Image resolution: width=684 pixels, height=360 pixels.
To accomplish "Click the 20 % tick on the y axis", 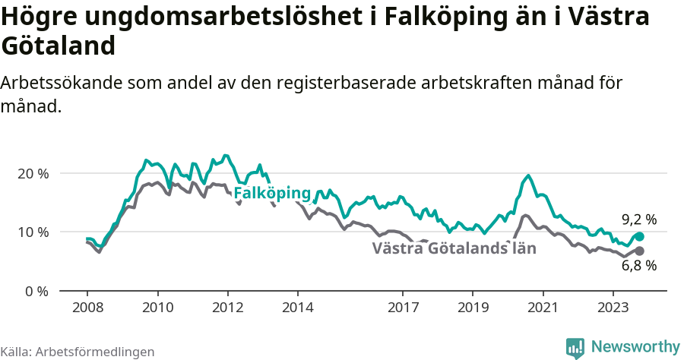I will (33, 173).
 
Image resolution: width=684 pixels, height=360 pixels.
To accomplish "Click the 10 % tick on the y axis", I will (33, 232).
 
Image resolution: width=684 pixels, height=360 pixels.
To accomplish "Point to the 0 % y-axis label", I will (36, 291).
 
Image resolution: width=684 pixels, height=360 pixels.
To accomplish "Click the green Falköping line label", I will (272, 194).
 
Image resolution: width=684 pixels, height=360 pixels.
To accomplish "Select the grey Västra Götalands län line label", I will (454, 248).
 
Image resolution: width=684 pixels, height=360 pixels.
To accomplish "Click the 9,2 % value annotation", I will (638, 219).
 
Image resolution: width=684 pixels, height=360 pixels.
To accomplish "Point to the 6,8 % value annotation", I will (638, 266).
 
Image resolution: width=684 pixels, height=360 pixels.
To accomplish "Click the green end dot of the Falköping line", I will (639, 236).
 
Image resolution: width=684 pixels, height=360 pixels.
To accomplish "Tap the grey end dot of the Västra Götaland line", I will (639, 251).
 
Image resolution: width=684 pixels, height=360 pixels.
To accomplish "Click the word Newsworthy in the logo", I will (635, 346).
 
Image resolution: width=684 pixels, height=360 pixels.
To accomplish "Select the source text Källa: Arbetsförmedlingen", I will (78, 352).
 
